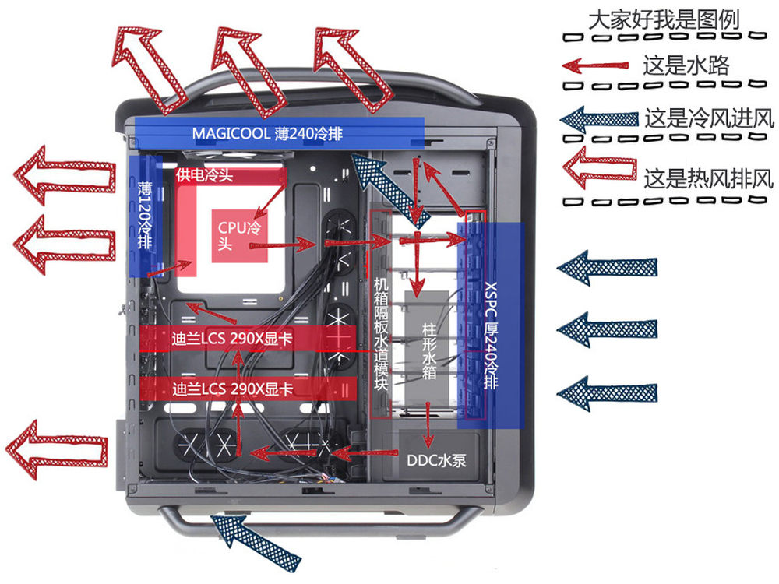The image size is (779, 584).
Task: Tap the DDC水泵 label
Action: click(x=436, y=459)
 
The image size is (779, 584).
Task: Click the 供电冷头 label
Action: click(x=205, y=174)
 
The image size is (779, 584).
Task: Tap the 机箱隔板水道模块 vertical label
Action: click(x=380, y=335)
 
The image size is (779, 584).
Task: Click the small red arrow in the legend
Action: click(x=597, y=65)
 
